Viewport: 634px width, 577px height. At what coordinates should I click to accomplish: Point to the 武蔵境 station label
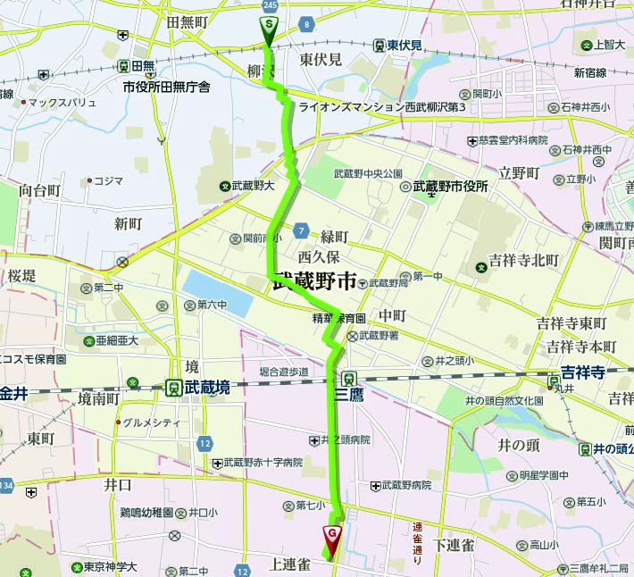click(x=206, y=387)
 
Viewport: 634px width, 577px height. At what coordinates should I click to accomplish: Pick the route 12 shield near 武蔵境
click(x=205, y=444)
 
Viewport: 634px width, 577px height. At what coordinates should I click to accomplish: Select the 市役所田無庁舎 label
click(x=166, y=87)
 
